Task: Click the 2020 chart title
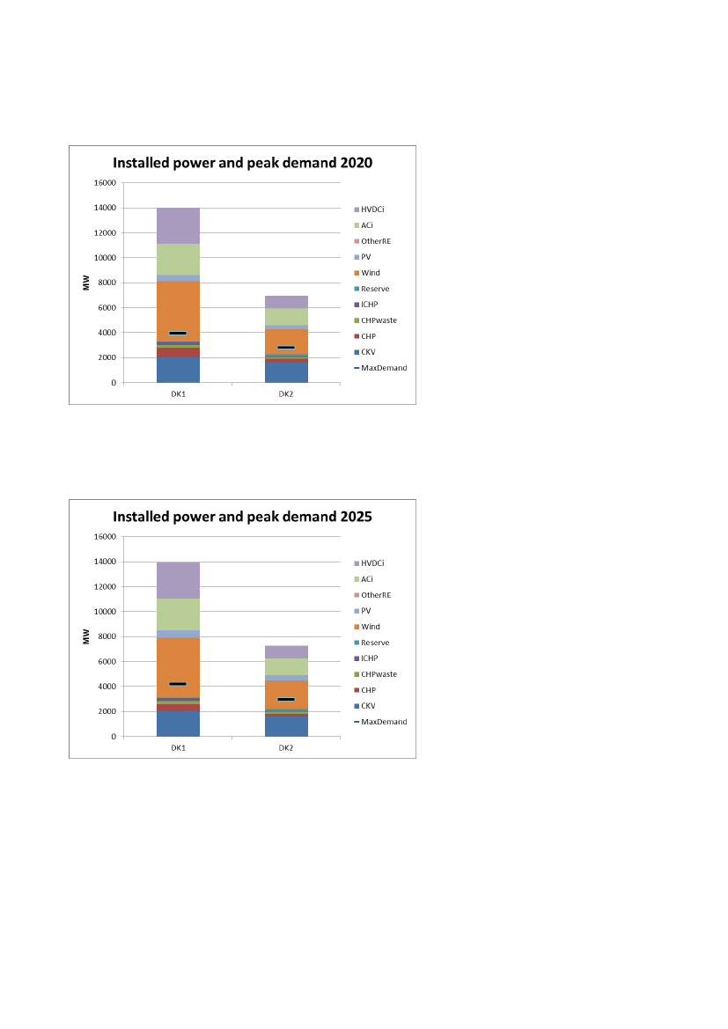click(242, 163)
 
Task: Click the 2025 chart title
click(242, 517)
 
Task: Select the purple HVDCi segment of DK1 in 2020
click(178, 225)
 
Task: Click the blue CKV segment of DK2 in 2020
click(286, 372)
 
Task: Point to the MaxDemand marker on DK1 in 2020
click(178, 333)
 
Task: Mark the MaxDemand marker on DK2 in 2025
click(286, 699)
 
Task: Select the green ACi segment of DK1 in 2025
click(178, 614)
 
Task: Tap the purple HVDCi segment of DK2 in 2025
click(286, 652)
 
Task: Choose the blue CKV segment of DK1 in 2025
click(178, 724)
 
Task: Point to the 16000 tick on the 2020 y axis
click(105, 183)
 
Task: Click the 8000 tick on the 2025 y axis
click(107, 636)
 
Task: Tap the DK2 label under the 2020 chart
click(286, 393)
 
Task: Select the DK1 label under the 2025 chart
click(178, 747)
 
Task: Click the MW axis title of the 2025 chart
click(87, 636)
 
